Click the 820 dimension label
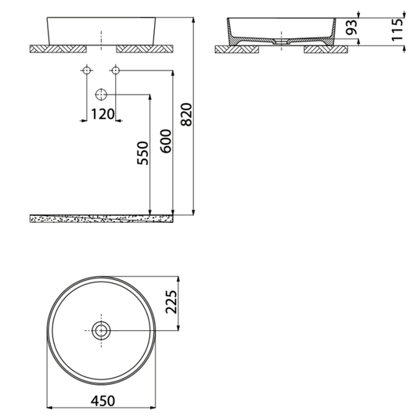186,117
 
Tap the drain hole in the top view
101,330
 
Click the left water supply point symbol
84,72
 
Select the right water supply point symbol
115,72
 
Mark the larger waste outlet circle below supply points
100,95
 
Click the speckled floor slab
102,218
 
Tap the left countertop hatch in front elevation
57,49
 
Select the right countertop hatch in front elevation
143,49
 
